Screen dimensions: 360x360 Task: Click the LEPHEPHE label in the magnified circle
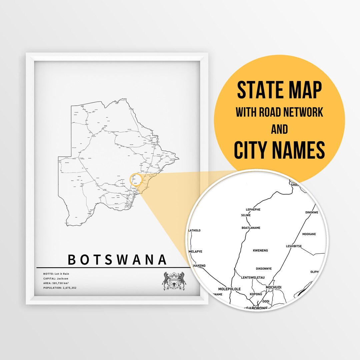tap(253, 210)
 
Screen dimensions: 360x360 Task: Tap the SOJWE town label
tap(246, 215)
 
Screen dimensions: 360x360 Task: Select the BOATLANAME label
tap(251, 228)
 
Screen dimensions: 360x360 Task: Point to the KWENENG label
tap(260, 250)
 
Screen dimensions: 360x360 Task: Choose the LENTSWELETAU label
tap(253, 277)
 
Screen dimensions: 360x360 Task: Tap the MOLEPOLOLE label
tap(229, 289)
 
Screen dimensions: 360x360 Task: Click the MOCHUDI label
tap(274, 287)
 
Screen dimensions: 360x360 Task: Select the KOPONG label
tap(256, 294)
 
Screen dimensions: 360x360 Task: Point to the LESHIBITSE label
tap(294, 246)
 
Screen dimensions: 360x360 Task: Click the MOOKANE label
tap(309, 234)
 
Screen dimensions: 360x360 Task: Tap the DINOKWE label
tap(312, 212)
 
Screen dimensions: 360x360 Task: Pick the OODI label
tap(266, 301)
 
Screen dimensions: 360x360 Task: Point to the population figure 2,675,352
tap(70, 288)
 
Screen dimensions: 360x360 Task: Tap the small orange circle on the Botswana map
tap(136, 179)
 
